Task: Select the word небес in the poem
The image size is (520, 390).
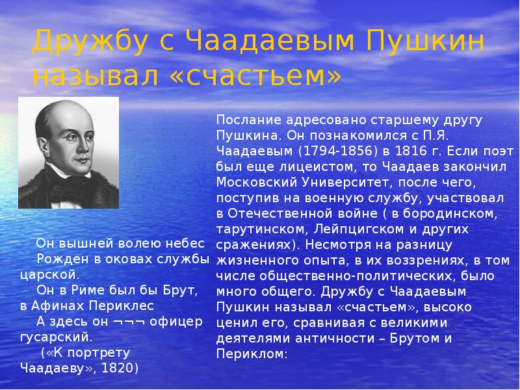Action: coord(187,243)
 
